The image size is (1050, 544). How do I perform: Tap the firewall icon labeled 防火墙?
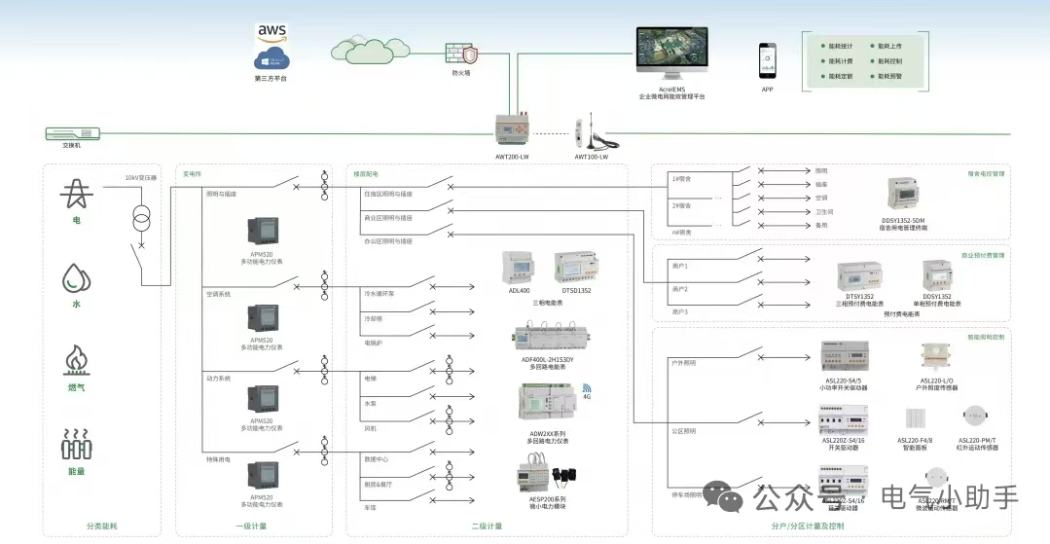[x=460, y=53]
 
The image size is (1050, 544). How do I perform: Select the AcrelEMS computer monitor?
[x=670, y=54]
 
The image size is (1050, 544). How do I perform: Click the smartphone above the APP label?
[x=768, y=60]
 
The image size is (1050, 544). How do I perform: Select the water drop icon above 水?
[x=75, y=279]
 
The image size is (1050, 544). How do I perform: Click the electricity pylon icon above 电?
[x=76, y=195]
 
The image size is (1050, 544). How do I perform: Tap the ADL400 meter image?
[x=518, y=268]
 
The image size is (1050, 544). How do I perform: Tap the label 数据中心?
[x=376, y=457]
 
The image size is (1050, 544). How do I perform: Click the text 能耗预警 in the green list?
[x=889, y=75]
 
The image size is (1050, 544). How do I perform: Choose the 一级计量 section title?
[x=250, y=526]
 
